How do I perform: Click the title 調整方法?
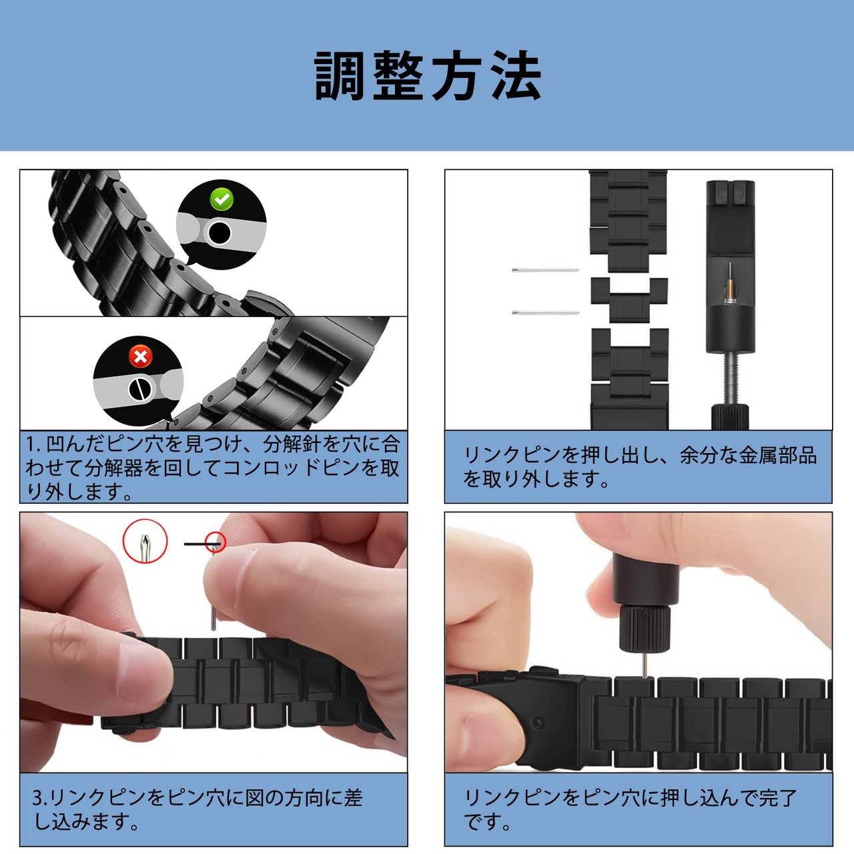(428, 76)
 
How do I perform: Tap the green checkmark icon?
(222, 199)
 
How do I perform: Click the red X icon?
(141, 356)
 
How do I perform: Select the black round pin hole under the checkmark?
(219, 233)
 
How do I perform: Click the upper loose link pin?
(545, 270)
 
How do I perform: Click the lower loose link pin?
(545, 313)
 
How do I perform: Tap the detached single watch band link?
(629, 300)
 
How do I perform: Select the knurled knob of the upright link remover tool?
(729, 416)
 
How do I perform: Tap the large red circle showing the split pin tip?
(145, 541)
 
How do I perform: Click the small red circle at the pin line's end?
(216, 542)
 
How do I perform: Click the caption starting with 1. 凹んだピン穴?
(213, 468)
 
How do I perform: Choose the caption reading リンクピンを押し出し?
(640, 467)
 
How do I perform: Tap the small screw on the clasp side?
(538, 723)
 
